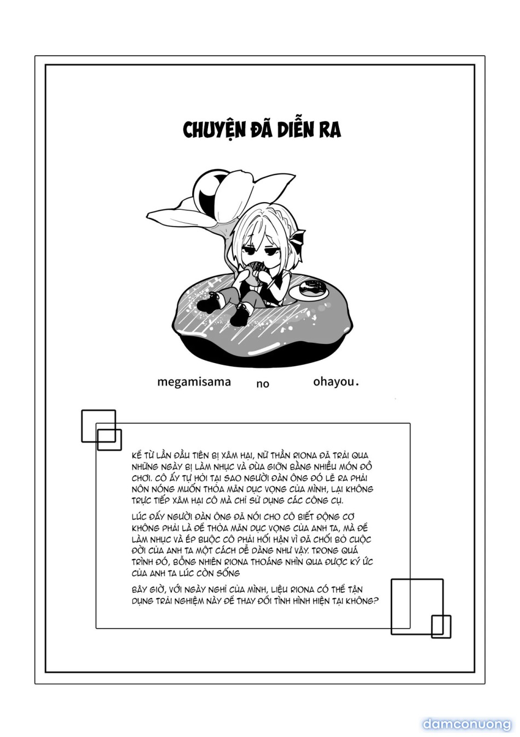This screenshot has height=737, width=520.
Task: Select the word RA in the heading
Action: coord(331,130)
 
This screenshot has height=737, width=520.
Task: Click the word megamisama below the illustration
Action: coord(194,382)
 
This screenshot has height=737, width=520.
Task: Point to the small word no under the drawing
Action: coord(263,384)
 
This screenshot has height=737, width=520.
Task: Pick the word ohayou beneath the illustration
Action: coord(333,382)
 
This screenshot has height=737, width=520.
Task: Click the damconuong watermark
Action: coord(466,724)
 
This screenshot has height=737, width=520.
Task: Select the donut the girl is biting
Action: coord(253,271)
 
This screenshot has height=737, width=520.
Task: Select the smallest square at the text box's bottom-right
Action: coord(441,626)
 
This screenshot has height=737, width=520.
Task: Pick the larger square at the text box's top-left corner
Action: coord(99,425)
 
